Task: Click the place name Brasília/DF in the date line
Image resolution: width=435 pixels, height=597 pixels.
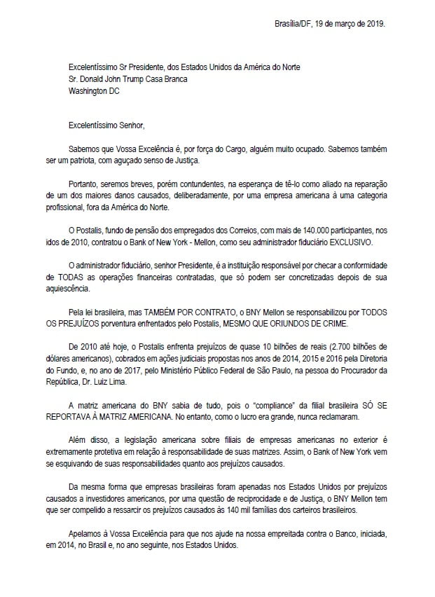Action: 296,23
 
